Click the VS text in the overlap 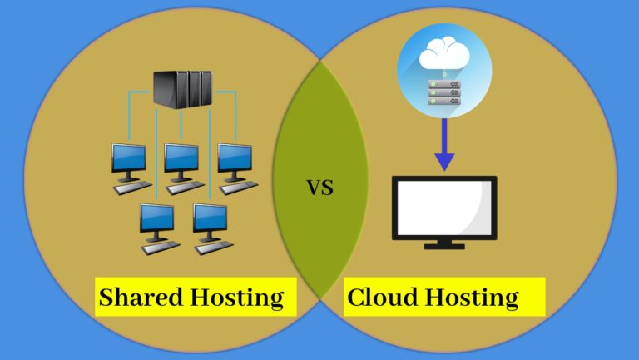click(x=320, y=187)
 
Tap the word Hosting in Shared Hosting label click(x=240, y=297)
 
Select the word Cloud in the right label click(x=381, y=297)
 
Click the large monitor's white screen click(x=444, y=207)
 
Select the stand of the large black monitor click(x=444, y=244)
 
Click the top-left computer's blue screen click(x=129, y=157)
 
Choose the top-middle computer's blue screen click(x=181, y=157)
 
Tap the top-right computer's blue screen click(x=234, y=157)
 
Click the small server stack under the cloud click(x=443, y=93)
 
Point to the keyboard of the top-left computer click(x=133, y=188)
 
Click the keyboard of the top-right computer click(x=239, y=188)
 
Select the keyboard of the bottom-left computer click(x=161, y=247)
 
